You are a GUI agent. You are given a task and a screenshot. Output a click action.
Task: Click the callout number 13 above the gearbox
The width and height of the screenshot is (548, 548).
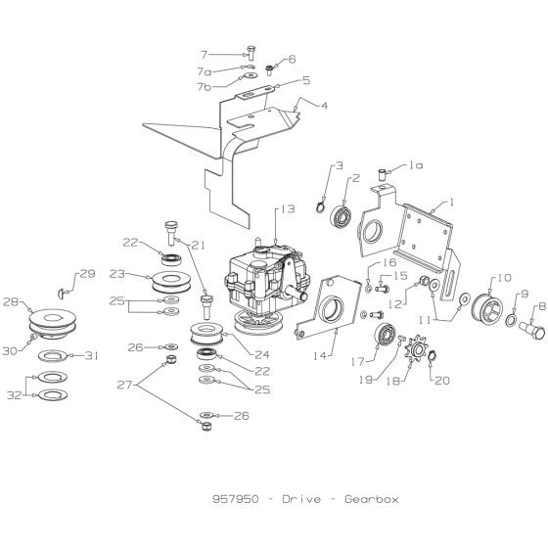point(286,209)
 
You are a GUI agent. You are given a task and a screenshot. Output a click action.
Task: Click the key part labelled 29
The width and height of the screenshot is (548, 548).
point(65,289)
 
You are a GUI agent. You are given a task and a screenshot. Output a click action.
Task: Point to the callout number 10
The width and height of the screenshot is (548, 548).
point(504,277)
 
